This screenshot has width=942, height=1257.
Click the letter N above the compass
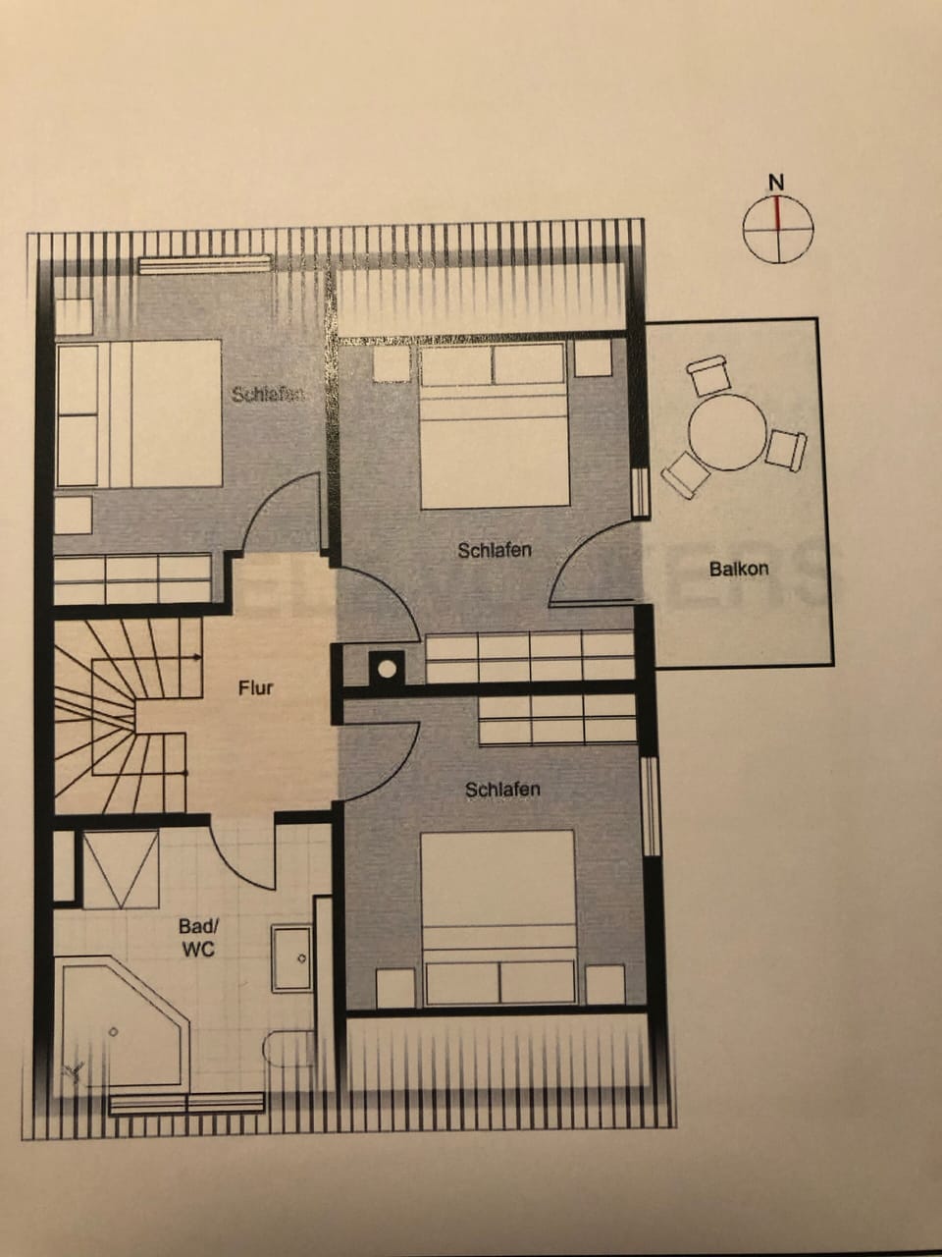[776, 182]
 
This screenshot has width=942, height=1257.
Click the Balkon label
[739, 568]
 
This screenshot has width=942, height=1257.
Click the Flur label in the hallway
[255, 687]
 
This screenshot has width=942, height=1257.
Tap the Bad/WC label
[196, 938]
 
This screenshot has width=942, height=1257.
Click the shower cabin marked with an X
[120, 869]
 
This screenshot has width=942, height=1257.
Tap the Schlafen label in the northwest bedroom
[267, 395]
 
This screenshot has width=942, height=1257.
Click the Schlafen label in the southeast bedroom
[502, 789]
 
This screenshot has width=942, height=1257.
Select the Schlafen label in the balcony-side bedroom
[495, 550]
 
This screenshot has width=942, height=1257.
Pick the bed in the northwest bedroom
[137, 412]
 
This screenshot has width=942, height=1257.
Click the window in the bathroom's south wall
[186, 1104]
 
